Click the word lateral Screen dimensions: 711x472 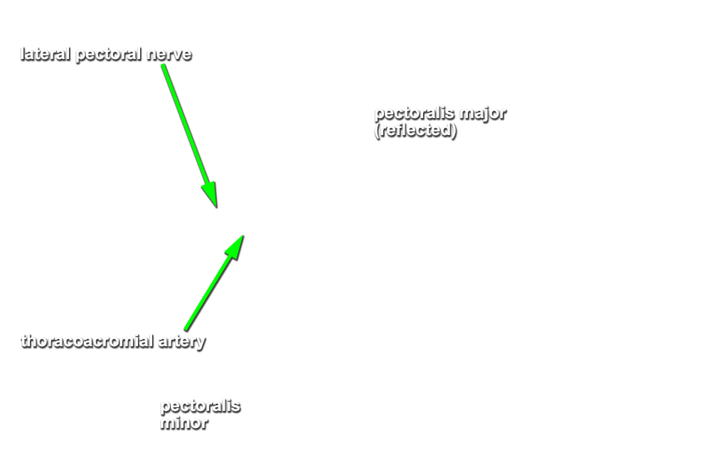click(46, 54)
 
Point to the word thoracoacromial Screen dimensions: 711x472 click(87, 341)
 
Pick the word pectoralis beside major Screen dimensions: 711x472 click(415, 114)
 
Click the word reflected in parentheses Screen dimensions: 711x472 click(415, 131)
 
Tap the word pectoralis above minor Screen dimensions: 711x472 click(201, 407)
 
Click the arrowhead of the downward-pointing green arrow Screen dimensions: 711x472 click(211, 195)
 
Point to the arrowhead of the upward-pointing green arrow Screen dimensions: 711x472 click(236, 246)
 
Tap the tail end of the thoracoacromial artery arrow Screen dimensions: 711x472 click(186, 329)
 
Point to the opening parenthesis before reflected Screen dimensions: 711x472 click(378, 131)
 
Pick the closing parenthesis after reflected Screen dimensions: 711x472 click(454, 131)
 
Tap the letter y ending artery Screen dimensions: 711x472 click(201, 344)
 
